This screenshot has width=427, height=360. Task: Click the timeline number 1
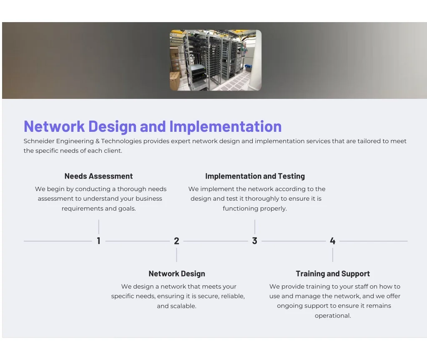pyautogui.click(x=98, y=241)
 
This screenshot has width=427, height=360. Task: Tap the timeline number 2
pyautogui.click(x=176, y=241)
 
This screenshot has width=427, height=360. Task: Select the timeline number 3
pyautogui.click(x=255, y=241)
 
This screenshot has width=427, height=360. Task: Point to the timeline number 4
pyautogui.click(x=332, y=241)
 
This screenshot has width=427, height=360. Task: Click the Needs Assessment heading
pyautogui.click(x=98, y=176)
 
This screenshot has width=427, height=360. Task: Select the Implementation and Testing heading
pyautogui.click(x=255, y=176)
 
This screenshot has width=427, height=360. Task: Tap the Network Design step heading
pyautogui.click(x=177, y=274)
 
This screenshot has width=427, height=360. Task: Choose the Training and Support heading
pyautogui.click(x=333, y=274)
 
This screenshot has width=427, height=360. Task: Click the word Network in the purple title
pyautogui.click(x=54, y=126)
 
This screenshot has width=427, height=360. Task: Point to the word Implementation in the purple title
pyautogui.click(x=226, y=127)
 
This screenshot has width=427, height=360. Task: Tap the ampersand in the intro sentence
pyautogui.click(x=98, y=141)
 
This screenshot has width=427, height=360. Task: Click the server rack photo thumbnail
pyautogui.click(x=216, y=60)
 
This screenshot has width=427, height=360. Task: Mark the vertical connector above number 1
pyautogui.click(x=98, y=227)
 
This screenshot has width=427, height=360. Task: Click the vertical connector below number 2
pyautogui.click(x=176, y=255)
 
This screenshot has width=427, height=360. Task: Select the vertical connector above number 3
pyautogui.click(x=255, y=227)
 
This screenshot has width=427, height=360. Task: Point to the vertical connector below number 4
pyautogui.click(x=332, y=255)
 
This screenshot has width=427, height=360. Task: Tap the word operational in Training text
pyautogui.click(x=333, y=316)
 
